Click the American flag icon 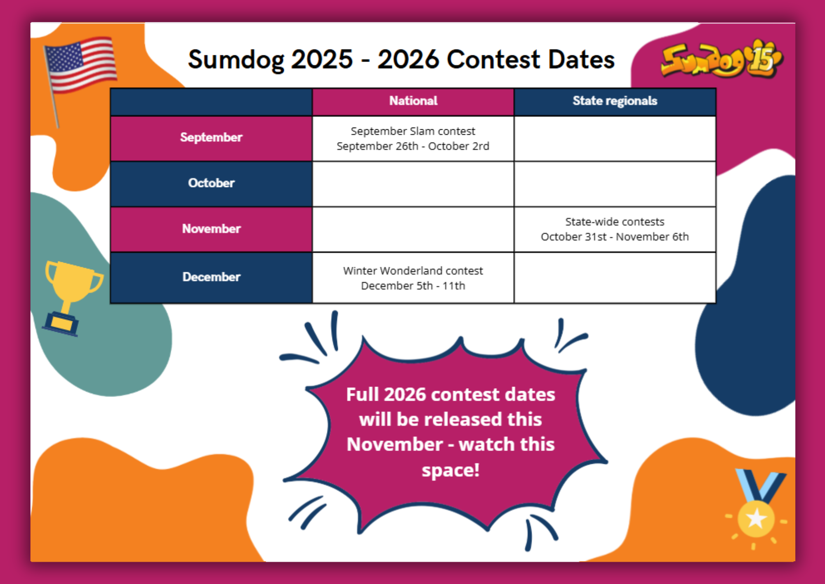point(80,64)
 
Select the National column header point(413,101)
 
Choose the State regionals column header point(615,101)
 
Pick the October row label point(211,183)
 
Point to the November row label point(211,229)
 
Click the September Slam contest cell point(413,139)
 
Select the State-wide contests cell point(615,230)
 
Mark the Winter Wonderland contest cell point(413,278)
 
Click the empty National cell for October point(413,184)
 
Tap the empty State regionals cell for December point(615,278)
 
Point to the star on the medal point(756,518)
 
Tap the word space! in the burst point(450,470)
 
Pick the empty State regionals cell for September point(615,139)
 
